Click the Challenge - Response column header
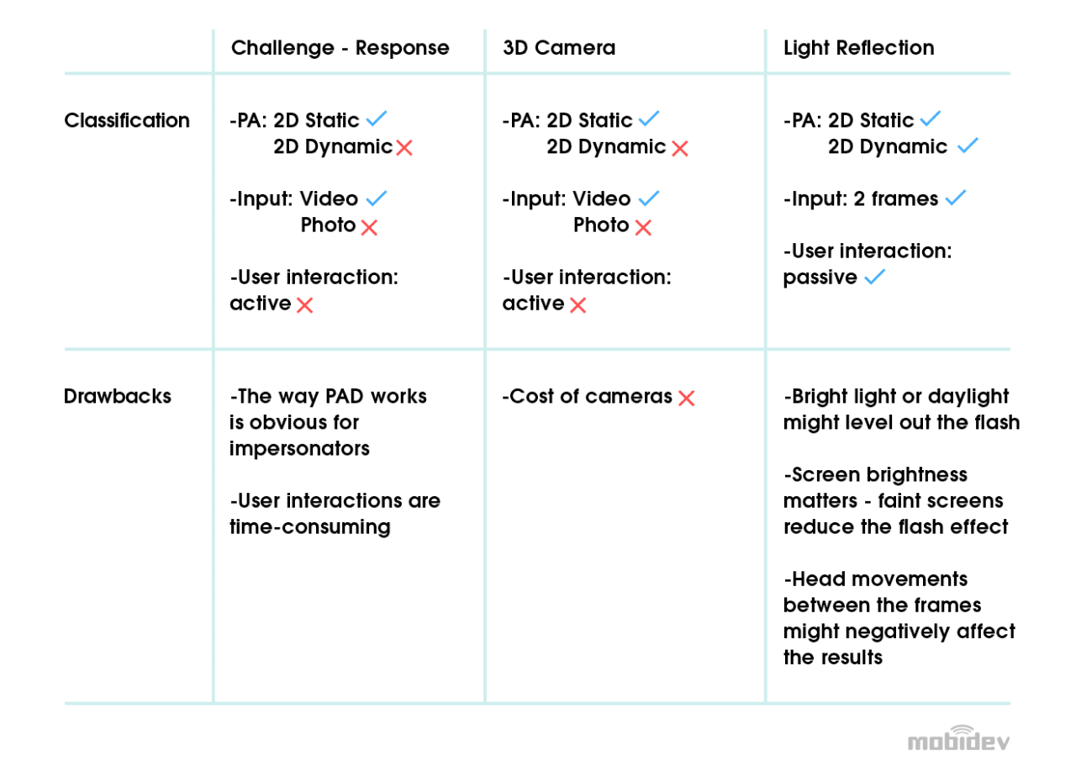340,48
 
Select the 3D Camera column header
559,48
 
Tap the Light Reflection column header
858,48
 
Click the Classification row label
127,120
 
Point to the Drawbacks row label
118,396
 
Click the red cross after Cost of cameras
686,399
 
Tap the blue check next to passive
874,278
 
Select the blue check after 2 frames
955,198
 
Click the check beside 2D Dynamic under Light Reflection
968,146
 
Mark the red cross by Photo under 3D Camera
643,227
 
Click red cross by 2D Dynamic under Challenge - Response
404,148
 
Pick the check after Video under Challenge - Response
376,198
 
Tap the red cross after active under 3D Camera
578,305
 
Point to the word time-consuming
310,527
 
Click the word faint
900,501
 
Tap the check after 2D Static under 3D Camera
649,119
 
